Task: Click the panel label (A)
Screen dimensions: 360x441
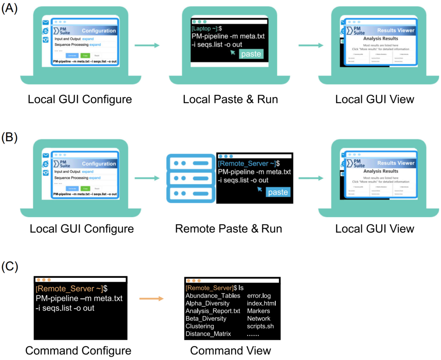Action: pyautogui.click(x=10, y=9)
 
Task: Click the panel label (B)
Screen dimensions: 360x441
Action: pyautogui.click(x=10, y=138)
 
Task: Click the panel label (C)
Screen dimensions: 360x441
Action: pyautogui.click(x=10, y=267)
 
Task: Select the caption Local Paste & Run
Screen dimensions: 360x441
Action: pyautogui.click(x=230, y=99)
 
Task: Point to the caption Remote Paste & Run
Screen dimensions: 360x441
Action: pyautogui.click(x=228, y=229)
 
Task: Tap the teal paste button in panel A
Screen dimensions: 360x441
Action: pyautogui.click(x=251, y=54)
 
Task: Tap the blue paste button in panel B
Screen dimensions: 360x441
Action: pyautogui.click(x=278, y=192)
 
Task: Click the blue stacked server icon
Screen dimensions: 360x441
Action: pyautogui.click(x=189, y=179)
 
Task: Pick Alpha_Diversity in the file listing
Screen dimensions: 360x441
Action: pyautogui.click(x=207, y=303)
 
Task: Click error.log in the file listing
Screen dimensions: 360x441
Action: pyautogui.click(x=259, y=296)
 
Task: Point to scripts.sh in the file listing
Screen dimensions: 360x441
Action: pyautogui.click(x=260, y=326)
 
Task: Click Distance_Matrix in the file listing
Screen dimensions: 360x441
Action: pyautogui.click(x=208, y=334)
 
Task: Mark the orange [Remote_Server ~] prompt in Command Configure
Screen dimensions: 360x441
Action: pyautogui.click(x=69, y=288)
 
